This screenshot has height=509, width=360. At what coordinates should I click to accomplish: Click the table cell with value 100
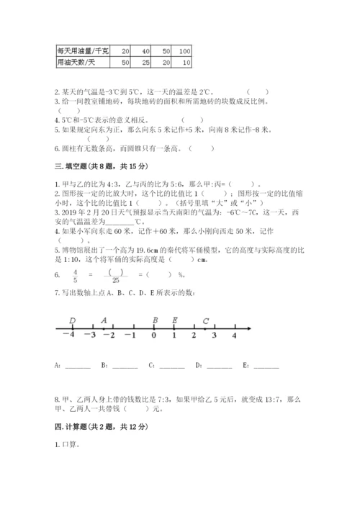(183, 51)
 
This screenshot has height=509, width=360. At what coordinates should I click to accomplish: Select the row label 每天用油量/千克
(83, 51)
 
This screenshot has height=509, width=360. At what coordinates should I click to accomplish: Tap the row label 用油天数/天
(76, 63)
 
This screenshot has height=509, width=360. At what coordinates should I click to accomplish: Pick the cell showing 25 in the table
(145, 63)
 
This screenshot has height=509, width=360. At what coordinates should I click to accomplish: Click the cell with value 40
(145, 51)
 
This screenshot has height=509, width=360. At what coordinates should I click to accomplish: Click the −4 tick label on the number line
(68, 335)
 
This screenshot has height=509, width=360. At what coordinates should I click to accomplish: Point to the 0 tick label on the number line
(153, 335)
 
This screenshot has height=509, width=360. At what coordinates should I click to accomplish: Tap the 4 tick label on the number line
(234, 335)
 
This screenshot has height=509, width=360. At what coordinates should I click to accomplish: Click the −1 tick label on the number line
(130, 335)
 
